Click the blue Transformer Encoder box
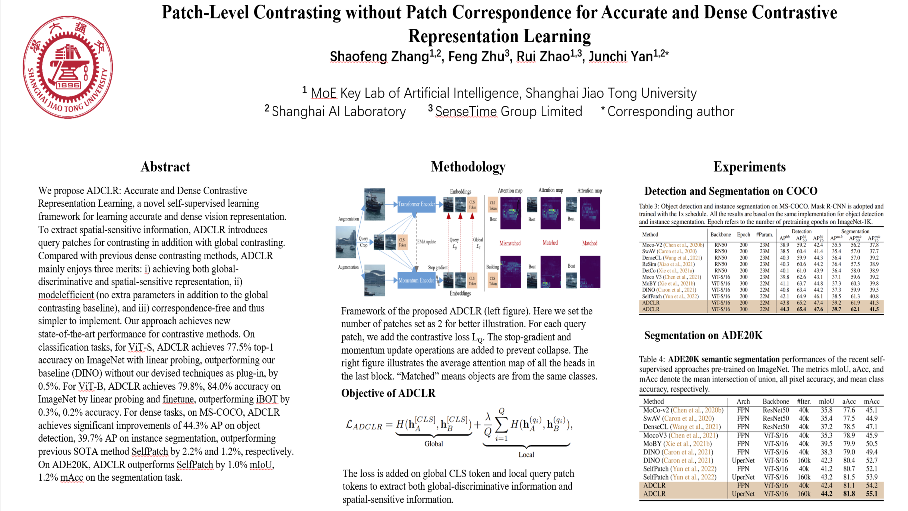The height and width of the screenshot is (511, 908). point(416,204)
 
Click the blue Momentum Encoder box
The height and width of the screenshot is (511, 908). point(416,280)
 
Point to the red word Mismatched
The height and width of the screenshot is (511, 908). point(510,243)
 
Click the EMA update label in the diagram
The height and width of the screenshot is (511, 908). point(427,241)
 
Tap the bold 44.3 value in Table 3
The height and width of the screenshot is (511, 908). point(784,309)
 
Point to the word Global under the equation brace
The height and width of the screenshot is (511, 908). point(433,444)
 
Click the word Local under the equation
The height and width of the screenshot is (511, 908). point(526,455)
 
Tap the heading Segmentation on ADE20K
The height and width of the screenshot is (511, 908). point(703,335)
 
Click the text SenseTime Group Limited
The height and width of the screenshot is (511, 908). point(508,111)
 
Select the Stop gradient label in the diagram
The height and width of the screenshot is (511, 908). point(438,267)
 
